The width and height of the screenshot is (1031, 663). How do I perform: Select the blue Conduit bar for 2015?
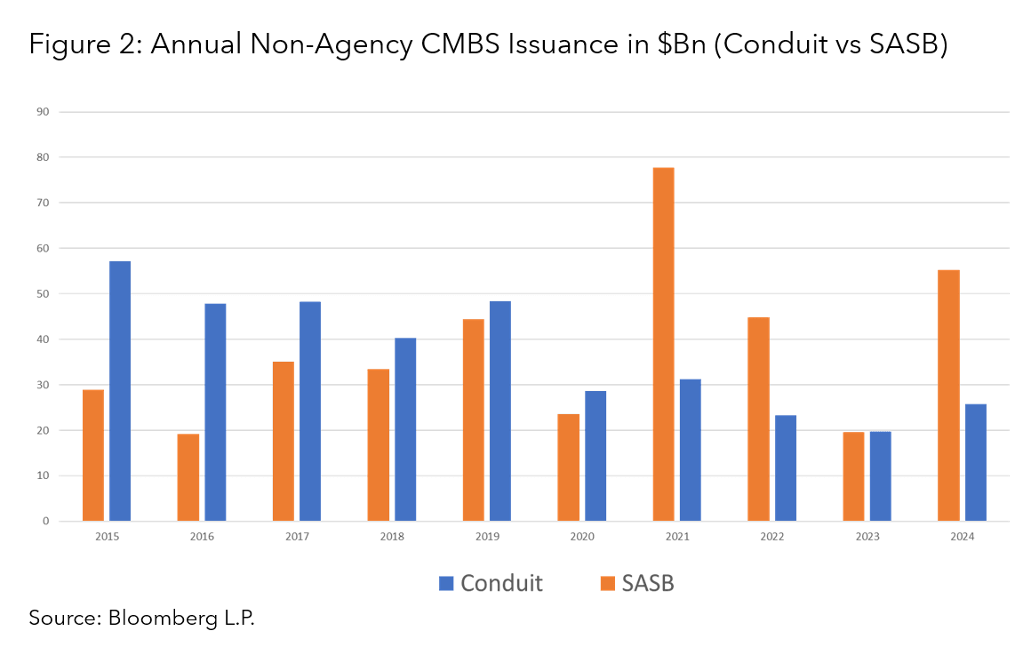pyautogui.click(x=120, y=391)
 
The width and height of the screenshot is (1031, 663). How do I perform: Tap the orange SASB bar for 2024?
pyautogui.click(x=948, y=395)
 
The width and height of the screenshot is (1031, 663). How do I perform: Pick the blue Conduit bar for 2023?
pyautogui.click(x=880, y=476)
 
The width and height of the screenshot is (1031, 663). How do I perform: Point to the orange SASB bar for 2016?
pyautogui.click(x=188, y=477)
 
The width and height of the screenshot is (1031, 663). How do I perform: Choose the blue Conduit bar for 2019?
pyautogui.click(x=500, y=411)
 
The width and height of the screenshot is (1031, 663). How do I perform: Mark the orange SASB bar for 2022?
pyautogui.click(x=758, y=419)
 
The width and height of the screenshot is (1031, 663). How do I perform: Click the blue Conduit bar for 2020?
pyautogui.click(x=595, y=456)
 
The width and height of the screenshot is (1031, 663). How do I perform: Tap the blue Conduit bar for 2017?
pyautogui.click(x=310, y=411)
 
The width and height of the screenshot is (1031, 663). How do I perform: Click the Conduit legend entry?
pyautogui.click(x=491, y=583)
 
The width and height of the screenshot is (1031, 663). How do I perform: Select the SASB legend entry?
pyautogui.click(x=636, y=583)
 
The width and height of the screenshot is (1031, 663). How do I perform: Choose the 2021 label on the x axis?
pyautogui.click(x=676, y=537)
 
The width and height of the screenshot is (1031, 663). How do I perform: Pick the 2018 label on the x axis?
pyautogui.click(x=391, y=537)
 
